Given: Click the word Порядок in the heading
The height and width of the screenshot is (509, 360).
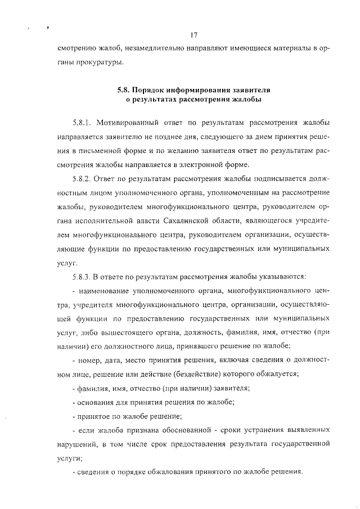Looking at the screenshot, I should click(x=152, y=89).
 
